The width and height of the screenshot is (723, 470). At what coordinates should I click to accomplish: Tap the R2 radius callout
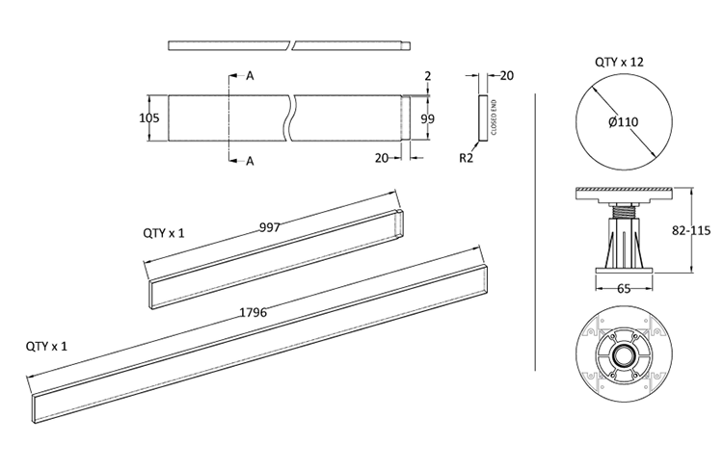[467, 156]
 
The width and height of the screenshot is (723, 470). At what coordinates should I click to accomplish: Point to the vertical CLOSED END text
[493, 117]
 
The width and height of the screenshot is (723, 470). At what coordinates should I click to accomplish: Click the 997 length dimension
[271, 228]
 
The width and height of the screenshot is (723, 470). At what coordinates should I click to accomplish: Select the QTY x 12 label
[619, 62]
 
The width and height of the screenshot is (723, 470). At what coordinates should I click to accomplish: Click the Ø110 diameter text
[620, 121]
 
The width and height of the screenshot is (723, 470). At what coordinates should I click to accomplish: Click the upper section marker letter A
[250, 75]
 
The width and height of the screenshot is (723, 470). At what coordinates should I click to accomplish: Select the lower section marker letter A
[250, 161]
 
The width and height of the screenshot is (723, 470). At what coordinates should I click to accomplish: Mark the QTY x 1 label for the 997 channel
[164, 233]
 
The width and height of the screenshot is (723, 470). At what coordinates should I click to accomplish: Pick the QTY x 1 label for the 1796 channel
[47, 345]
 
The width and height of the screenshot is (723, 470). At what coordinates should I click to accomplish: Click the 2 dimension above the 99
[427, 75]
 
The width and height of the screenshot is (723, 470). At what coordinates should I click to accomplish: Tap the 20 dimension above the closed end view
[507, 75]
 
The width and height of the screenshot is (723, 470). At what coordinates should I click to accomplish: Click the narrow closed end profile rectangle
[483, 117]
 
